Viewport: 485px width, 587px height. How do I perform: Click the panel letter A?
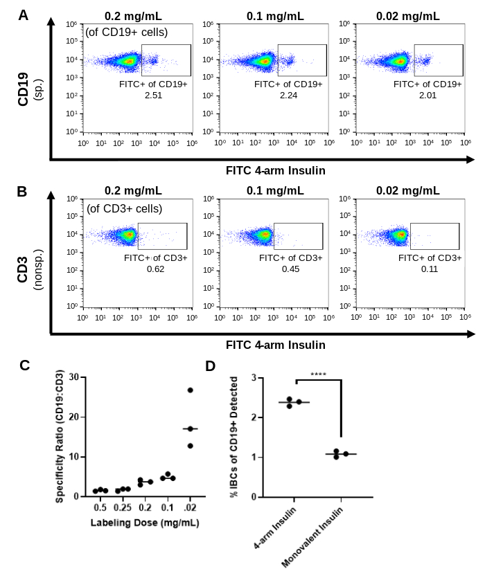pyautogui.click(x=24, y=15)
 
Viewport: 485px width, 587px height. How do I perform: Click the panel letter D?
pyautogui.click(x=211, y=366)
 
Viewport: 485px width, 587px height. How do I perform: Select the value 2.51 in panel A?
pyautogui.click(x=153, y=95)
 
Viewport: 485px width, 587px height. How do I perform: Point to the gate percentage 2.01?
pyautogui.click(x=427, y=95)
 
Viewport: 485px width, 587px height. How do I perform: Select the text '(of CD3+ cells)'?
pyautogui.click(x=125, y=208)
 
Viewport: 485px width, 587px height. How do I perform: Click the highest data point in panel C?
pyautogui.click(x=190, y=390)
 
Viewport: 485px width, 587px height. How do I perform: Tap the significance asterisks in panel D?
pyautogui.click(x=318, y=374)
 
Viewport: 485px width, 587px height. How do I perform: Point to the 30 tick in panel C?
pyautogui.click(x=75, y=378)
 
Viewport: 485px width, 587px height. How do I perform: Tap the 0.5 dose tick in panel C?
pyautogui.click(x=100, y=508)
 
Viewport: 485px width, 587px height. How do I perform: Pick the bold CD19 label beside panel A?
pyautogui.click(x=23, y=90)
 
